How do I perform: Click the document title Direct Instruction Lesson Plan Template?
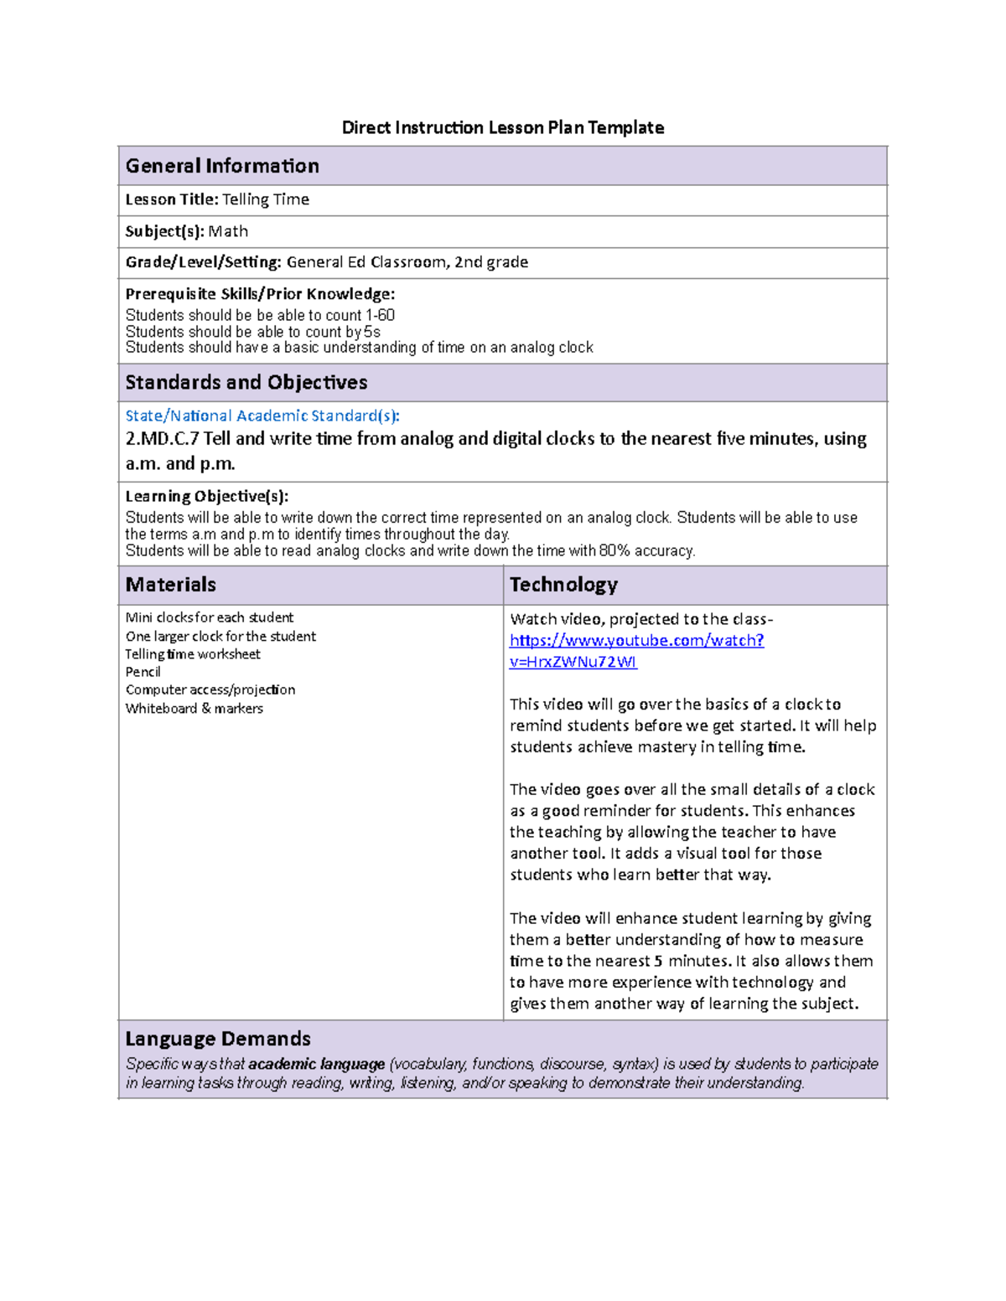502,127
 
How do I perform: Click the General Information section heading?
222,166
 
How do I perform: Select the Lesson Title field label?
172,199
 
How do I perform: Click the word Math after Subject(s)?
228,231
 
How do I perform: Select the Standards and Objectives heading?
246,383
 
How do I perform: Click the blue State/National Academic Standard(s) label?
262,416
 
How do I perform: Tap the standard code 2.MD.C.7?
163,439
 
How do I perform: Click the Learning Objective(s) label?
207,496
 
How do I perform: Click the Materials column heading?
171,585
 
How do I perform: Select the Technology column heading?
563,585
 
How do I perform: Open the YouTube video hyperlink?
636,641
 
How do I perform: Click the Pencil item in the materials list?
143,672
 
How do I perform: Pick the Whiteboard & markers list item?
194,709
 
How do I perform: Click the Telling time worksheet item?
193,654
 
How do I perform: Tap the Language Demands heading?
218,1039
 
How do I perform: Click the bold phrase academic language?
317,1064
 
